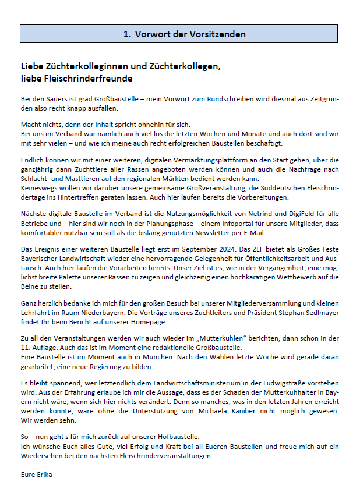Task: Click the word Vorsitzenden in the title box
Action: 218,34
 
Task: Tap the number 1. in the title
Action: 127,34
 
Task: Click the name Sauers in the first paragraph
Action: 64,100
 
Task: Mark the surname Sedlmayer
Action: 317,313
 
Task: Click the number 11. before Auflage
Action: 26,347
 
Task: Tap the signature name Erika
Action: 44,474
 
